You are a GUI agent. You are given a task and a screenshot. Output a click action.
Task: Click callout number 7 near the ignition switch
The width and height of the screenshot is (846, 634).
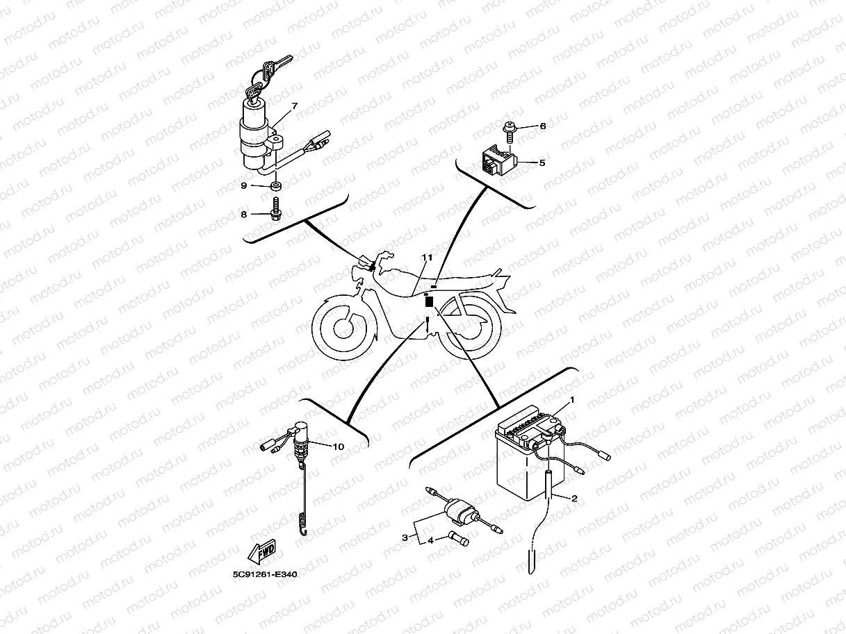click(295, 106)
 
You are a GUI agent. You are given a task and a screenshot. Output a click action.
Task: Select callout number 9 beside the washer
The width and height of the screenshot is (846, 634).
click(243, 185)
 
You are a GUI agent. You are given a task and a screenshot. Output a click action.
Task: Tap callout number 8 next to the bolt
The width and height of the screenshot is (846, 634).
click(243, 214)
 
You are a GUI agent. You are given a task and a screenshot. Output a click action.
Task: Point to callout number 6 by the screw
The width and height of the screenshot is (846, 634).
click(543, 126)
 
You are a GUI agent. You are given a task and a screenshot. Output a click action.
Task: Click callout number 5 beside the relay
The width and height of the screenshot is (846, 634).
click(542, 162)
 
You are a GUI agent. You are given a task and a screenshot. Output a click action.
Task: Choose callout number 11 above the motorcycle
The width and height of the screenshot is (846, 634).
click(427, 257)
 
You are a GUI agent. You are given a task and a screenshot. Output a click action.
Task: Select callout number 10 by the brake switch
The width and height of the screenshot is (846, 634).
click(338, 447)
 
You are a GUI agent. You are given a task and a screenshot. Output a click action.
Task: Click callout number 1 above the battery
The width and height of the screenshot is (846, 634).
click(572, 400)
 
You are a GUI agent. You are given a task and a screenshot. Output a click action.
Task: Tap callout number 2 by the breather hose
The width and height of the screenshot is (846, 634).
click(574, 499)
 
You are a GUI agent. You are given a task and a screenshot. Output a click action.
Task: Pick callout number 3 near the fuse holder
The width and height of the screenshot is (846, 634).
click(405, 537)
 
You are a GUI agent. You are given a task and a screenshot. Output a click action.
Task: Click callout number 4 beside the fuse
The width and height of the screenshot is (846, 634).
click(431, 540)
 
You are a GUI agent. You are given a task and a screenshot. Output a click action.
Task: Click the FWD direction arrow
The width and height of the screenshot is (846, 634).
click(261, 551)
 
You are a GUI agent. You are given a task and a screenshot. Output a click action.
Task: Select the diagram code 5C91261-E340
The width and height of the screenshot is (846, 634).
click(265, 574)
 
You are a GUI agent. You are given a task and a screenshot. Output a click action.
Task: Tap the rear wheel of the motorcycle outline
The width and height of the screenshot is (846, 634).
click(470, 326)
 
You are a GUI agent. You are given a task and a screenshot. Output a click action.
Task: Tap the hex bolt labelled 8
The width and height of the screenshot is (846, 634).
click(275, 210)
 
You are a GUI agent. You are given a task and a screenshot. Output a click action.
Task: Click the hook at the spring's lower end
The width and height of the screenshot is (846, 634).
click(304, 531)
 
